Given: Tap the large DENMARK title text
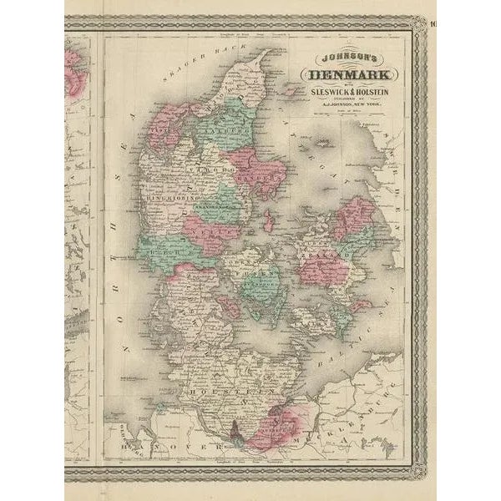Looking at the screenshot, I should click(x=340, y=76).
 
